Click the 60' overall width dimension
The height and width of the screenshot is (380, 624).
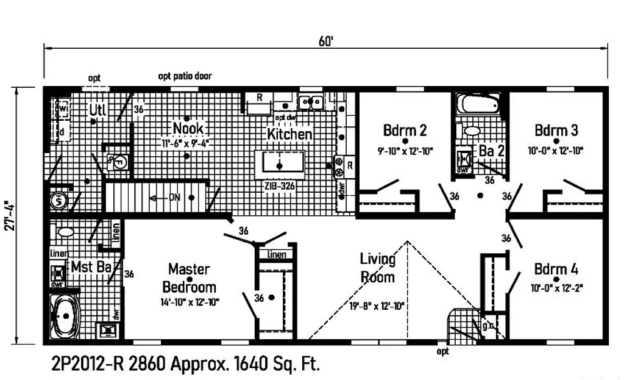pyautogui.click(x=325, y=41)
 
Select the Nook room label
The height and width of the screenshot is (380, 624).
pyautogui.click(x=188, y=128)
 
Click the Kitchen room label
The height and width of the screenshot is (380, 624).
pyautogui.click(x=290, y=134)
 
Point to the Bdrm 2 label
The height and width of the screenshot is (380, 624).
pyautogui.click(x=405, y=130)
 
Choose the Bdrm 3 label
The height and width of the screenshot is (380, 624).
pyautogui.click(x=556, y=130)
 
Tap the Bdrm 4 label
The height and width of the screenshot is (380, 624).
pyautogui.click(x=556, y=269)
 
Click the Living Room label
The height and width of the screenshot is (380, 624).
pyautogui.click(x=377, y=268)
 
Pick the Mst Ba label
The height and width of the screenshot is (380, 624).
pyautogui.click(x=90, y=267)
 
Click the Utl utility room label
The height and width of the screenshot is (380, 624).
pyautogui.click(x=97, y=110)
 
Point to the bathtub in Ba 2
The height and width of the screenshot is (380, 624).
pyautogui.click(x=479, y=103)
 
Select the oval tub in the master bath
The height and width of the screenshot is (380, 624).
pyautogui.click(x=65, y=317)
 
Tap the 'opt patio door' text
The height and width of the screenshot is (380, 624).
pyautogui.click(x=185, y=76)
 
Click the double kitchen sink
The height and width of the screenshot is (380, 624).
pyautogui.click(x=310, y=101)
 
